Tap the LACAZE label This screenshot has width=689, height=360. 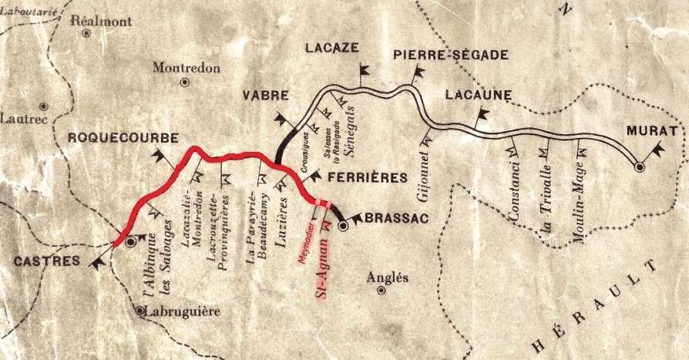tap(331, 48)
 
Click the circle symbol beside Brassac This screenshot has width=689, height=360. tap(344, 226)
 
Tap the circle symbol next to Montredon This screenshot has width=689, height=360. tap(184, 82)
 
